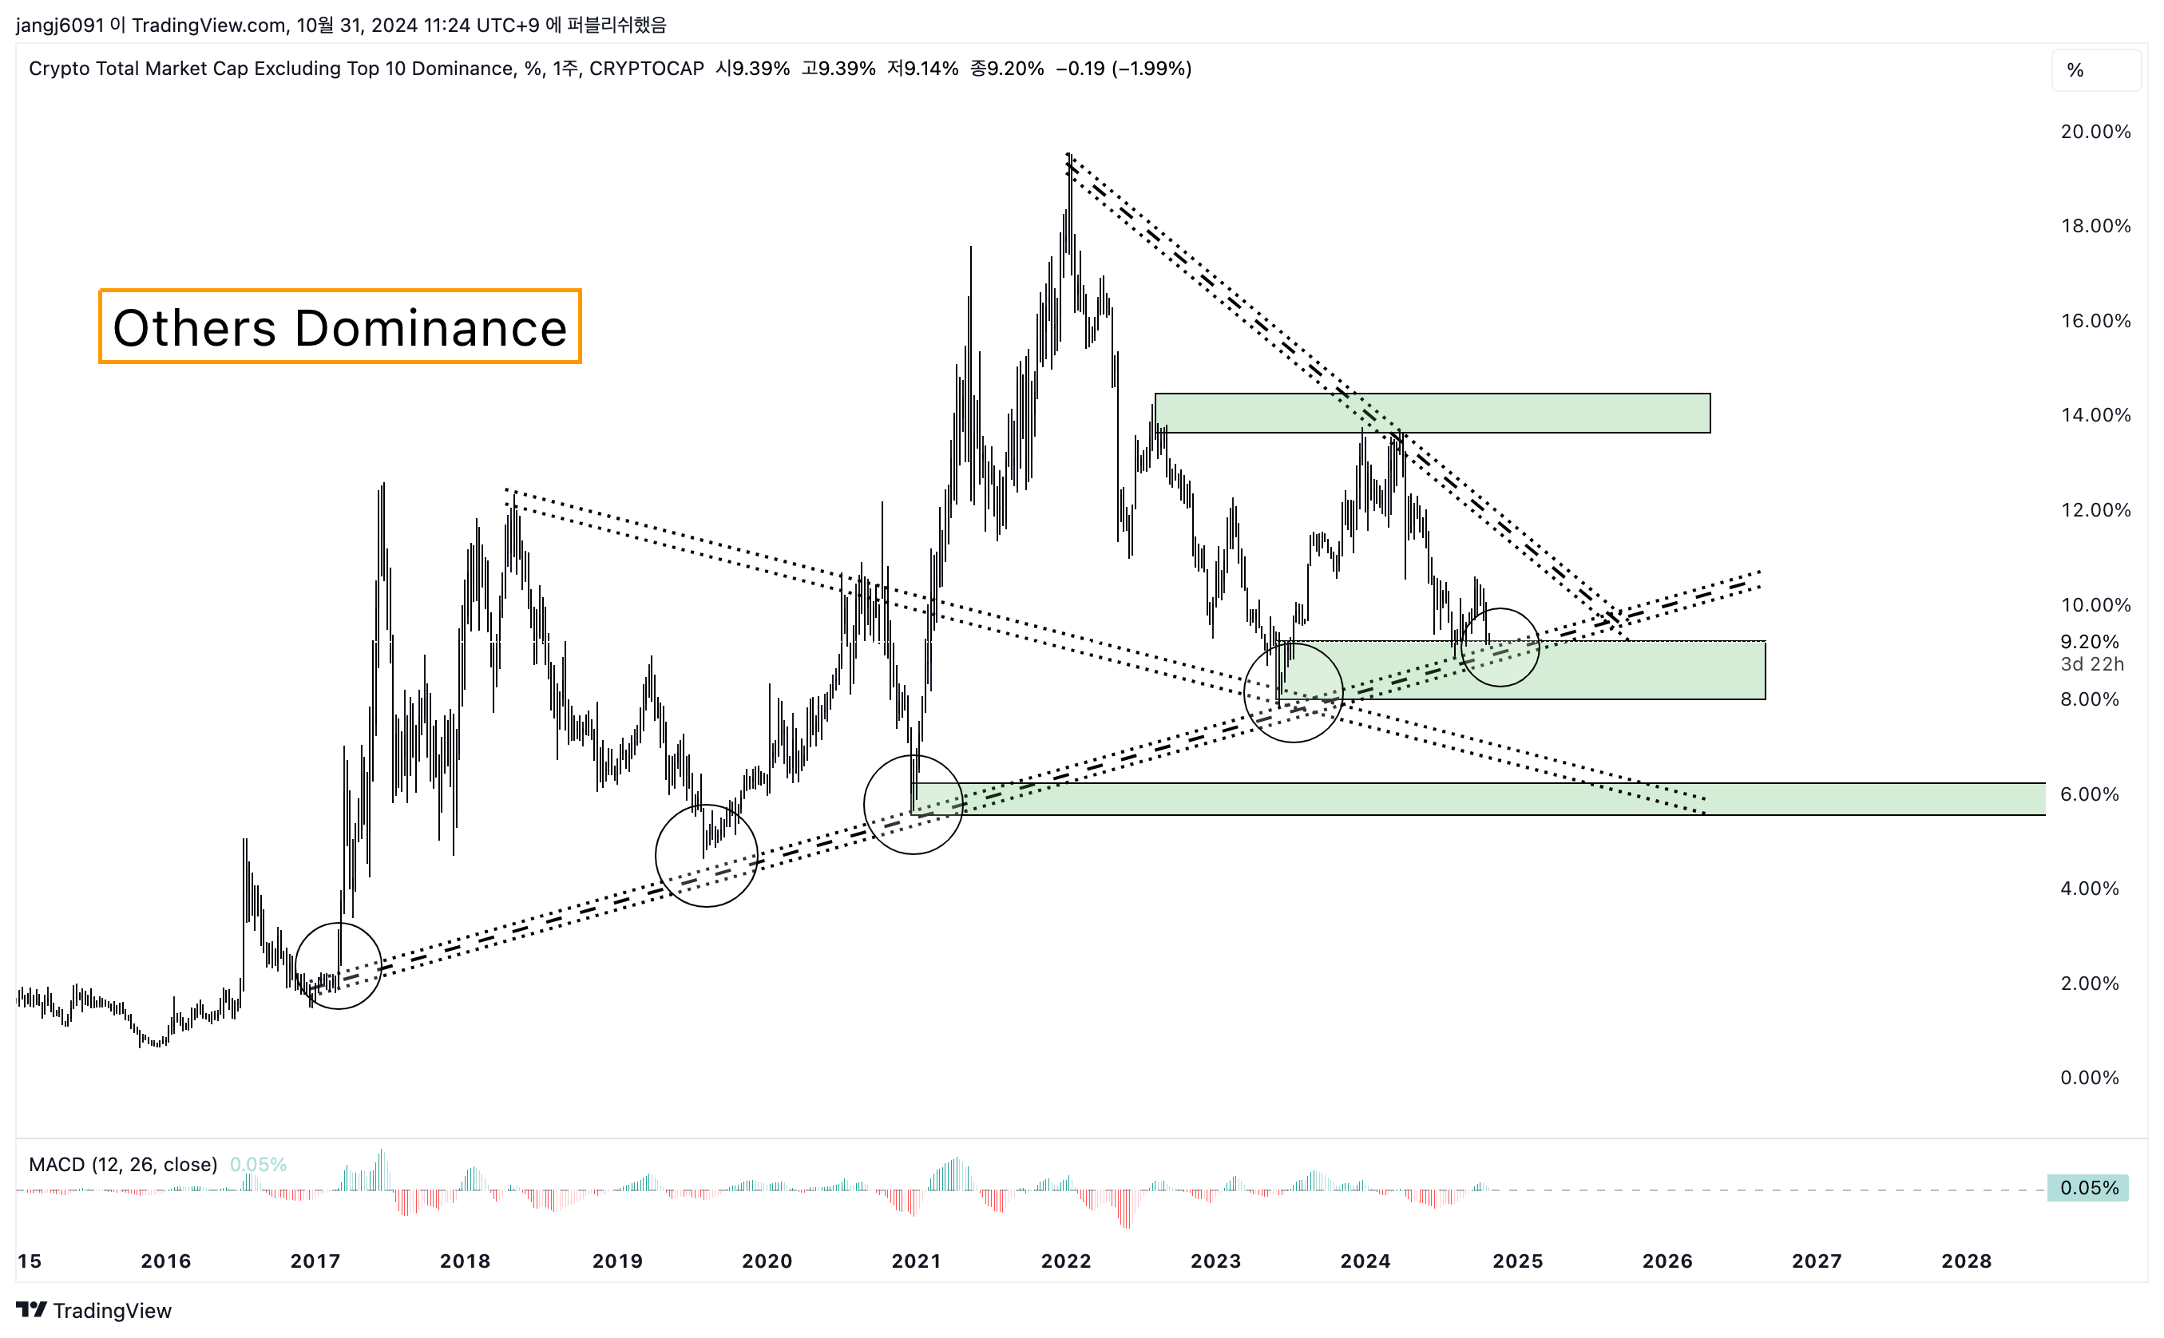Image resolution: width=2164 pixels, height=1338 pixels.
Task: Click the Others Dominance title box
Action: [x=340, y=327]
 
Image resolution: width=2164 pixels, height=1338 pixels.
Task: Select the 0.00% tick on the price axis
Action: [x=2089, y=1077]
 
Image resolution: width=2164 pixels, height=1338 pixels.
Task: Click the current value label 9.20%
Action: [x=2089, y=642]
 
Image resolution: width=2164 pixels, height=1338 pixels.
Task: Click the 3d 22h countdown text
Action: [x=2091, y=663]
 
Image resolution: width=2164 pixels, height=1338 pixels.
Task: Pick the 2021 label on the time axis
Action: [x=915, y=1261]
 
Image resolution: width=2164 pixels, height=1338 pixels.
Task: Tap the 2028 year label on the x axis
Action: [x=1966, y=1261]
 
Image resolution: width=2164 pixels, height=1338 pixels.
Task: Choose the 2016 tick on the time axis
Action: [x=165, y=1261]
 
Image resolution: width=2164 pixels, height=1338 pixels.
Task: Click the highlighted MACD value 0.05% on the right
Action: [x=2088, y=1188]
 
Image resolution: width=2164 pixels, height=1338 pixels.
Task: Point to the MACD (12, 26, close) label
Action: [x=123, y=1165]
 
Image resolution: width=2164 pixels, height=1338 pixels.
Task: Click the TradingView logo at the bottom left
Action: [x=93, y=1311]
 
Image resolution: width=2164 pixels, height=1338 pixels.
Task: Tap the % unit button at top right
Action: [x=2075, y=71]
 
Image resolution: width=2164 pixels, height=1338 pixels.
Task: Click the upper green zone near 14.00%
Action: [x=1432, y=414]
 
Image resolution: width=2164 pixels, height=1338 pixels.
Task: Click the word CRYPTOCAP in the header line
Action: [x=646, y=69]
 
